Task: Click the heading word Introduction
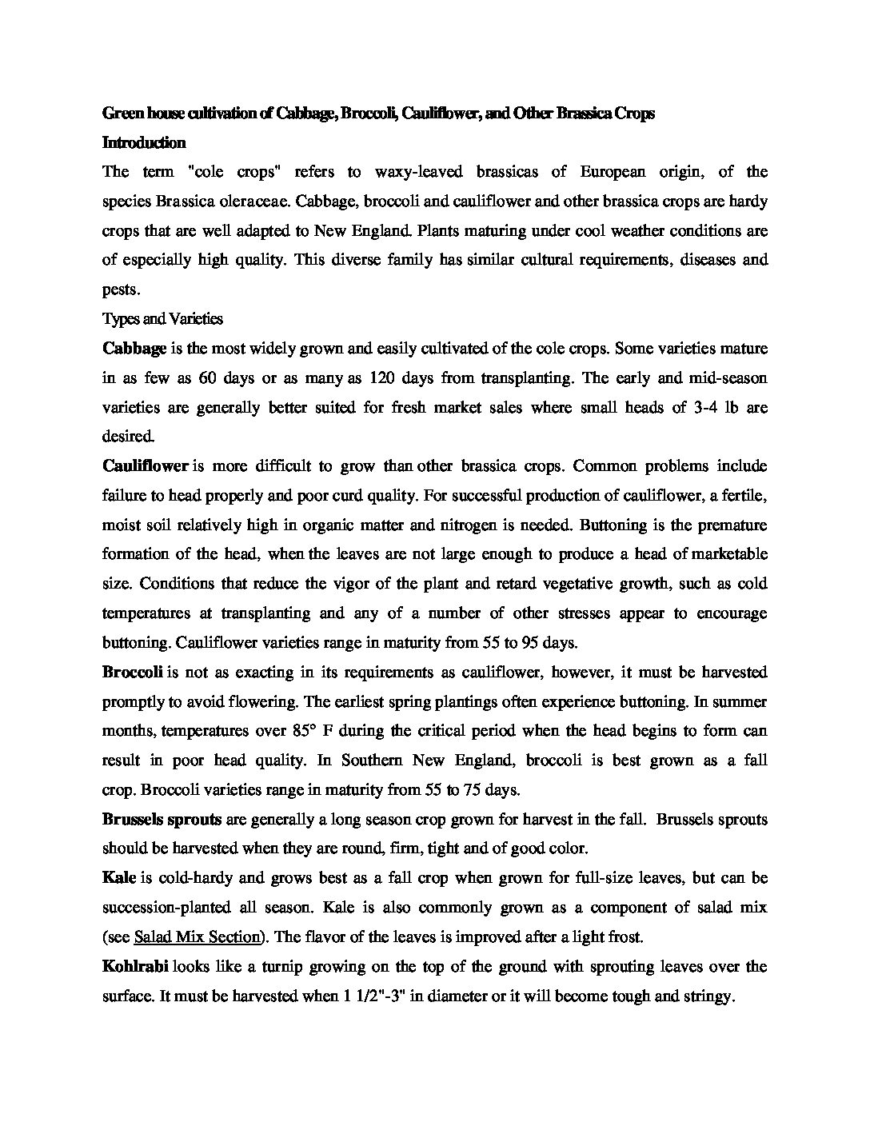tap(144, 143)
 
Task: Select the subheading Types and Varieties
tap(162, 319)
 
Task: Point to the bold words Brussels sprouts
tap(162, 819)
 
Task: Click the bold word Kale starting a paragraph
tap(119, 877)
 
